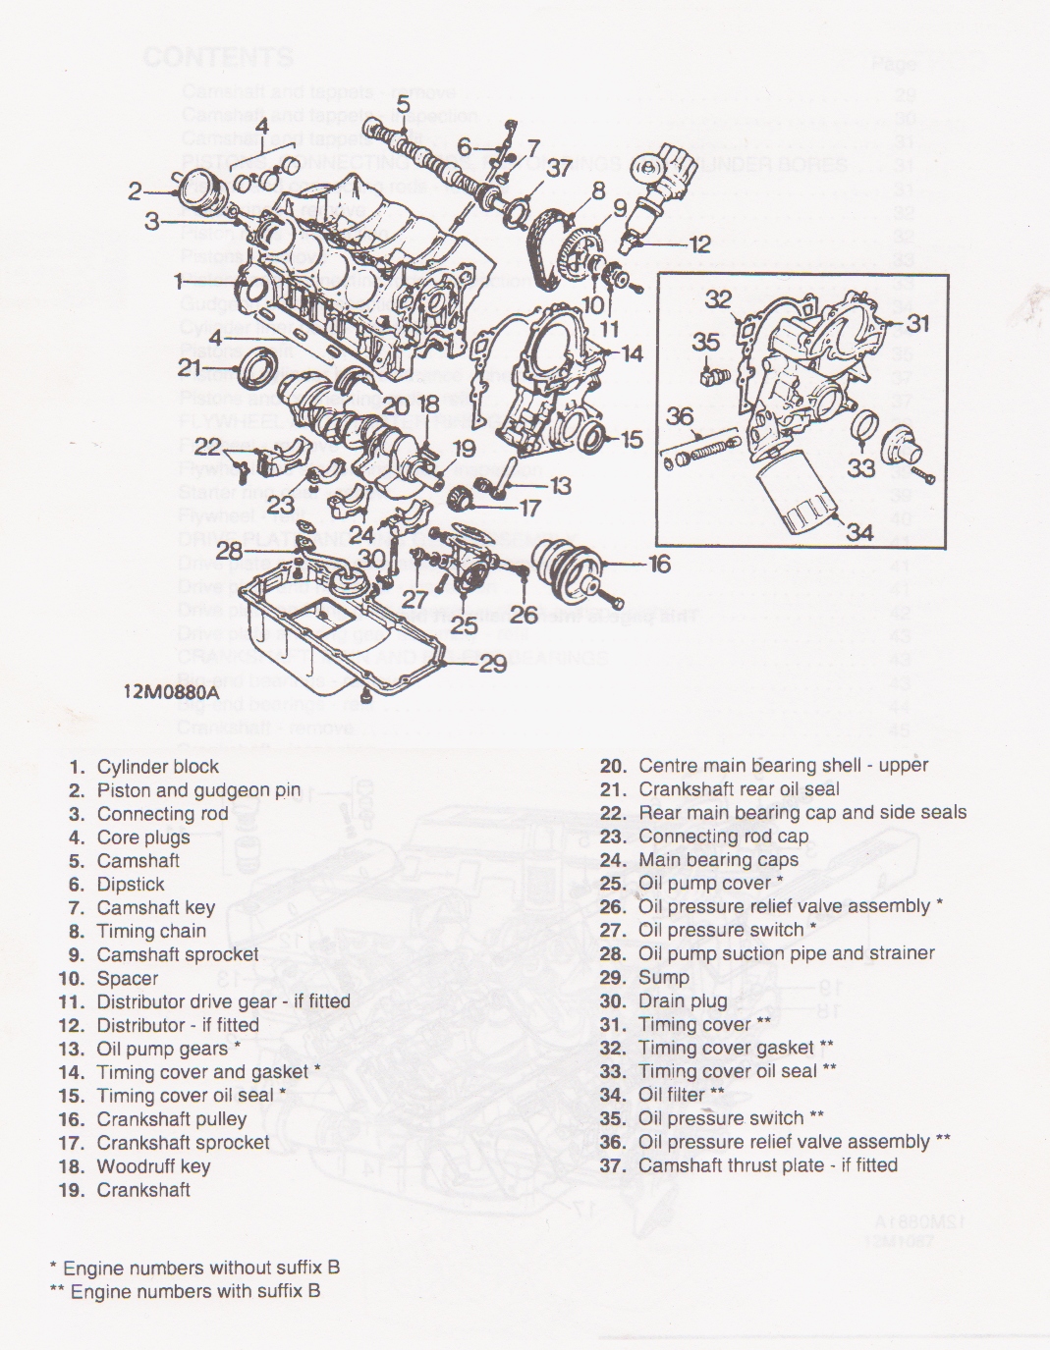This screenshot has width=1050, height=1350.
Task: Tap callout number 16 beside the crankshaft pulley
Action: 659,564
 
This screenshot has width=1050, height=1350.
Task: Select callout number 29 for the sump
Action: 492,665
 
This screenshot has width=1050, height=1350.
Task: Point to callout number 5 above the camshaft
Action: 404,104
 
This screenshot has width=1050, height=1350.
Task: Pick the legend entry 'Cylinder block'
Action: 157,767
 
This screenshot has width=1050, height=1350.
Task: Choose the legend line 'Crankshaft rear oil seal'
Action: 739,788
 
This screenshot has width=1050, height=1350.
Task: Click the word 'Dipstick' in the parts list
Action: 131,885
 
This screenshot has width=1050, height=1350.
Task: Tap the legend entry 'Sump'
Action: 663,977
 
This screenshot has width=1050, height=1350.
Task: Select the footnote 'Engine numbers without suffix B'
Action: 200,1268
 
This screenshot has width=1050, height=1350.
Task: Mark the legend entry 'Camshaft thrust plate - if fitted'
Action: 767,1165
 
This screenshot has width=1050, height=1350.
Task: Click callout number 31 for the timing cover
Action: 917,322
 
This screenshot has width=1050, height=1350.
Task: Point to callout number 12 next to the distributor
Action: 699,244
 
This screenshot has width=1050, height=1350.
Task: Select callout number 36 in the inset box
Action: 680,416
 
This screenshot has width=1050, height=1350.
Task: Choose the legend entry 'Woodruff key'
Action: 153,1166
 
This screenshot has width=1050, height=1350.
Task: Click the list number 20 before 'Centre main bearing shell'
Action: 613,766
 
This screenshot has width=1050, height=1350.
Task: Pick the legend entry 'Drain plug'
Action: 683,1000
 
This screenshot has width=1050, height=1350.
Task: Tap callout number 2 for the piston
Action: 136,191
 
